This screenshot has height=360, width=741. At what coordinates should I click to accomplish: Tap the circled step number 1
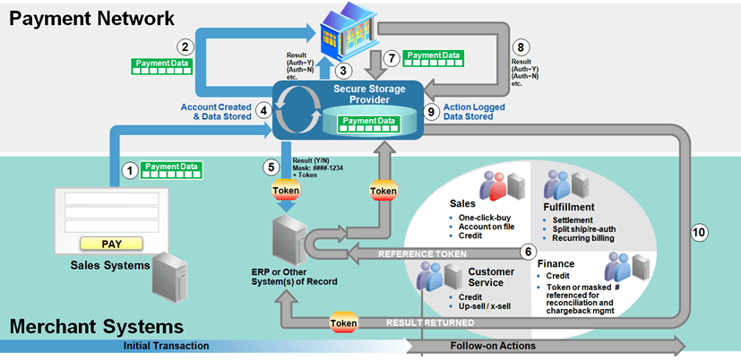(130, 168)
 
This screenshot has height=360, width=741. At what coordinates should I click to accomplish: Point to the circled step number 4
(263, 110)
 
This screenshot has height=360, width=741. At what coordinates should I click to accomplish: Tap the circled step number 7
(390, 57)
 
